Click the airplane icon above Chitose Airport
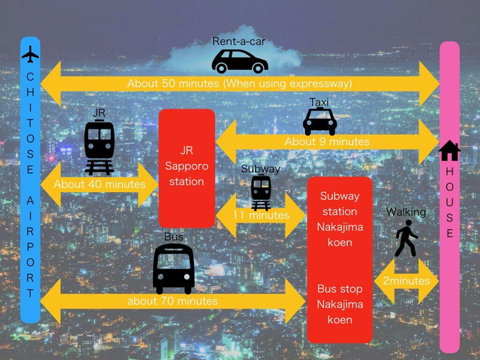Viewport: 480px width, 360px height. pyautogui.click(x=30, y=54)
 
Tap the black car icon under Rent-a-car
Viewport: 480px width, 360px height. pyautogui.click(x=240, y=61)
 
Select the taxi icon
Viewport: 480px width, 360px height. pyautogui.click(x=320, y=122)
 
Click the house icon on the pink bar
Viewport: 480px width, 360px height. pyautogui.click(x=449, y=150)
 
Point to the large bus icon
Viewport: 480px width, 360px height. pyautogui.click(x=174, y=269)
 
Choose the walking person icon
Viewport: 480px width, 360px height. pyautogui.click(x=406, y=238)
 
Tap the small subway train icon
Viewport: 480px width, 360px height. pyautogui.click(x=261, y=193)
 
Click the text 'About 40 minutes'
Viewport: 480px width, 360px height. pyautogui.click(x=100, y=184)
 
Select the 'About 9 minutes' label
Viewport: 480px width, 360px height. pyautogui.click(x=327, y=141)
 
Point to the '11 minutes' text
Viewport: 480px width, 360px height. pyautogui.click(x=261, y=215)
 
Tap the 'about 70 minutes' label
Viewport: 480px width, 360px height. pyautogui.click(x=173, y=301)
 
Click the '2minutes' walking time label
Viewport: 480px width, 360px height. pyautogui.click(x=406, y=281)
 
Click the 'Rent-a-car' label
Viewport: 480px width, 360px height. pyautogui.click(x=239, y=41)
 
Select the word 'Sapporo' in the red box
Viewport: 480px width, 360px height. pyautogui.click(x=187, y=167)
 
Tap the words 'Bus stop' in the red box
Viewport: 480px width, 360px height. pyautogui.click(x=340, y=289)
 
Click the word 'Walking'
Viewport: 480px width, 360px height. pyautogui.click(x=406, y=212)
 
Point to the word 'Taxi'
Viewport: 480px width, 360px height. pyautogui.click(x=318, y=102)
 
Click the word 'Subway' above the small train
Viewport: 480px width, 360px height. pyautogui.click(x=261, y=169)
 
